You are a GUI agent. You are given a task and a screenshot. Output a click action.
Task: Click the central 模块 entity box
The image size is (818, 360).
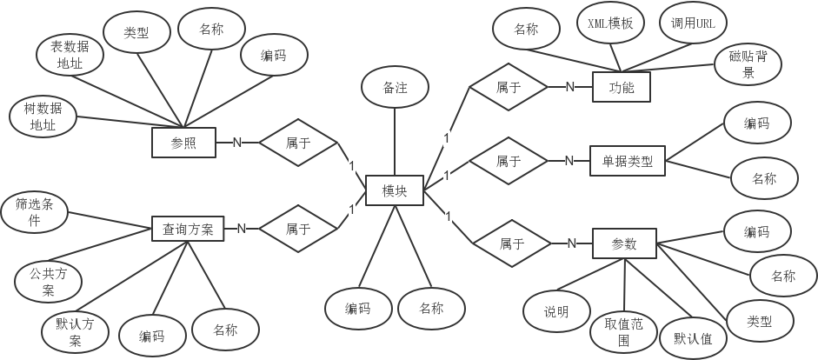point(394,190)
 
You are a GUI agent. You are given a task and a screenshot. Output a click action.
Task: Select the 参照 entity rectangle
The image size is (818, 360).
point(183,143)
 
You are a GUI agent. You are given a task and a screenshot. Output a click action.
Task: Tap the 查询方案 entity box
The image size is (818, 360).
point(188,229)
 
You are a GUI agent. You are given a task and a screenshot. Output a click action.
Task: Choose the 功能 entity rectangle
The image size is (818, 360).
point(622,87)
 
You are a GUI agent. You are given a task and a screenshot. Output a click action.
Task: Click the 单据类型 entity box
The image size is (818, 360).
point(627,161)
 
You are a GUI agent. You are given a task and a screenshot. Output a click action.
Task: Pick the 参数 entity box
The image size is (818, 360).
point(624,244)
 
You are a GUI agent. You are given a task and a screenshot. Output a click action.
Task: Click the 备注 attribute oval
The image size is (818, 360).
point(395,89)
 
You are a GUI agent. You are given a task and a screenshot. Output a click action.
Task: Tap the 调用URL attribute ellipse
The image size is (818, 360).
point(693,23)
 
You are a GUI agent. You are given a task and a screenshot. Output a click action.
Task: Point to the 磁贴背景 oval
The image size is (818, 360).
point(748,65)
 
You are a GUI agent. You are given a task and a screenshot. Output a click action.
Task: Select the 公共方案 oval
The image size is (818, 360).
point(49,282)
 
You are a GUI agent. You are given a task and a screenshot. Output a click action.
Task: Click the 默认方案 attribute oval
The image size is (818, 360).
point(75,330)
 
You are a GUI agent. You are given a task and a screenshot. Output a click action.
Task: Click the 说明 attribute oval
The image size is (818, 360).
point(556,311)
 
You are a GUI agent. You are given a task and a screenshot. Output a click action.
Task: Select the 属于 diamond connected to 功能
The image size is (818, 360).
point(508,87)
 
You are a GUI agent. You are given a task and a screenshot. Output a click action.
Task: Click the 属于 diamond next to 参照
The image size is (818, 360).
point(297,143)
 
